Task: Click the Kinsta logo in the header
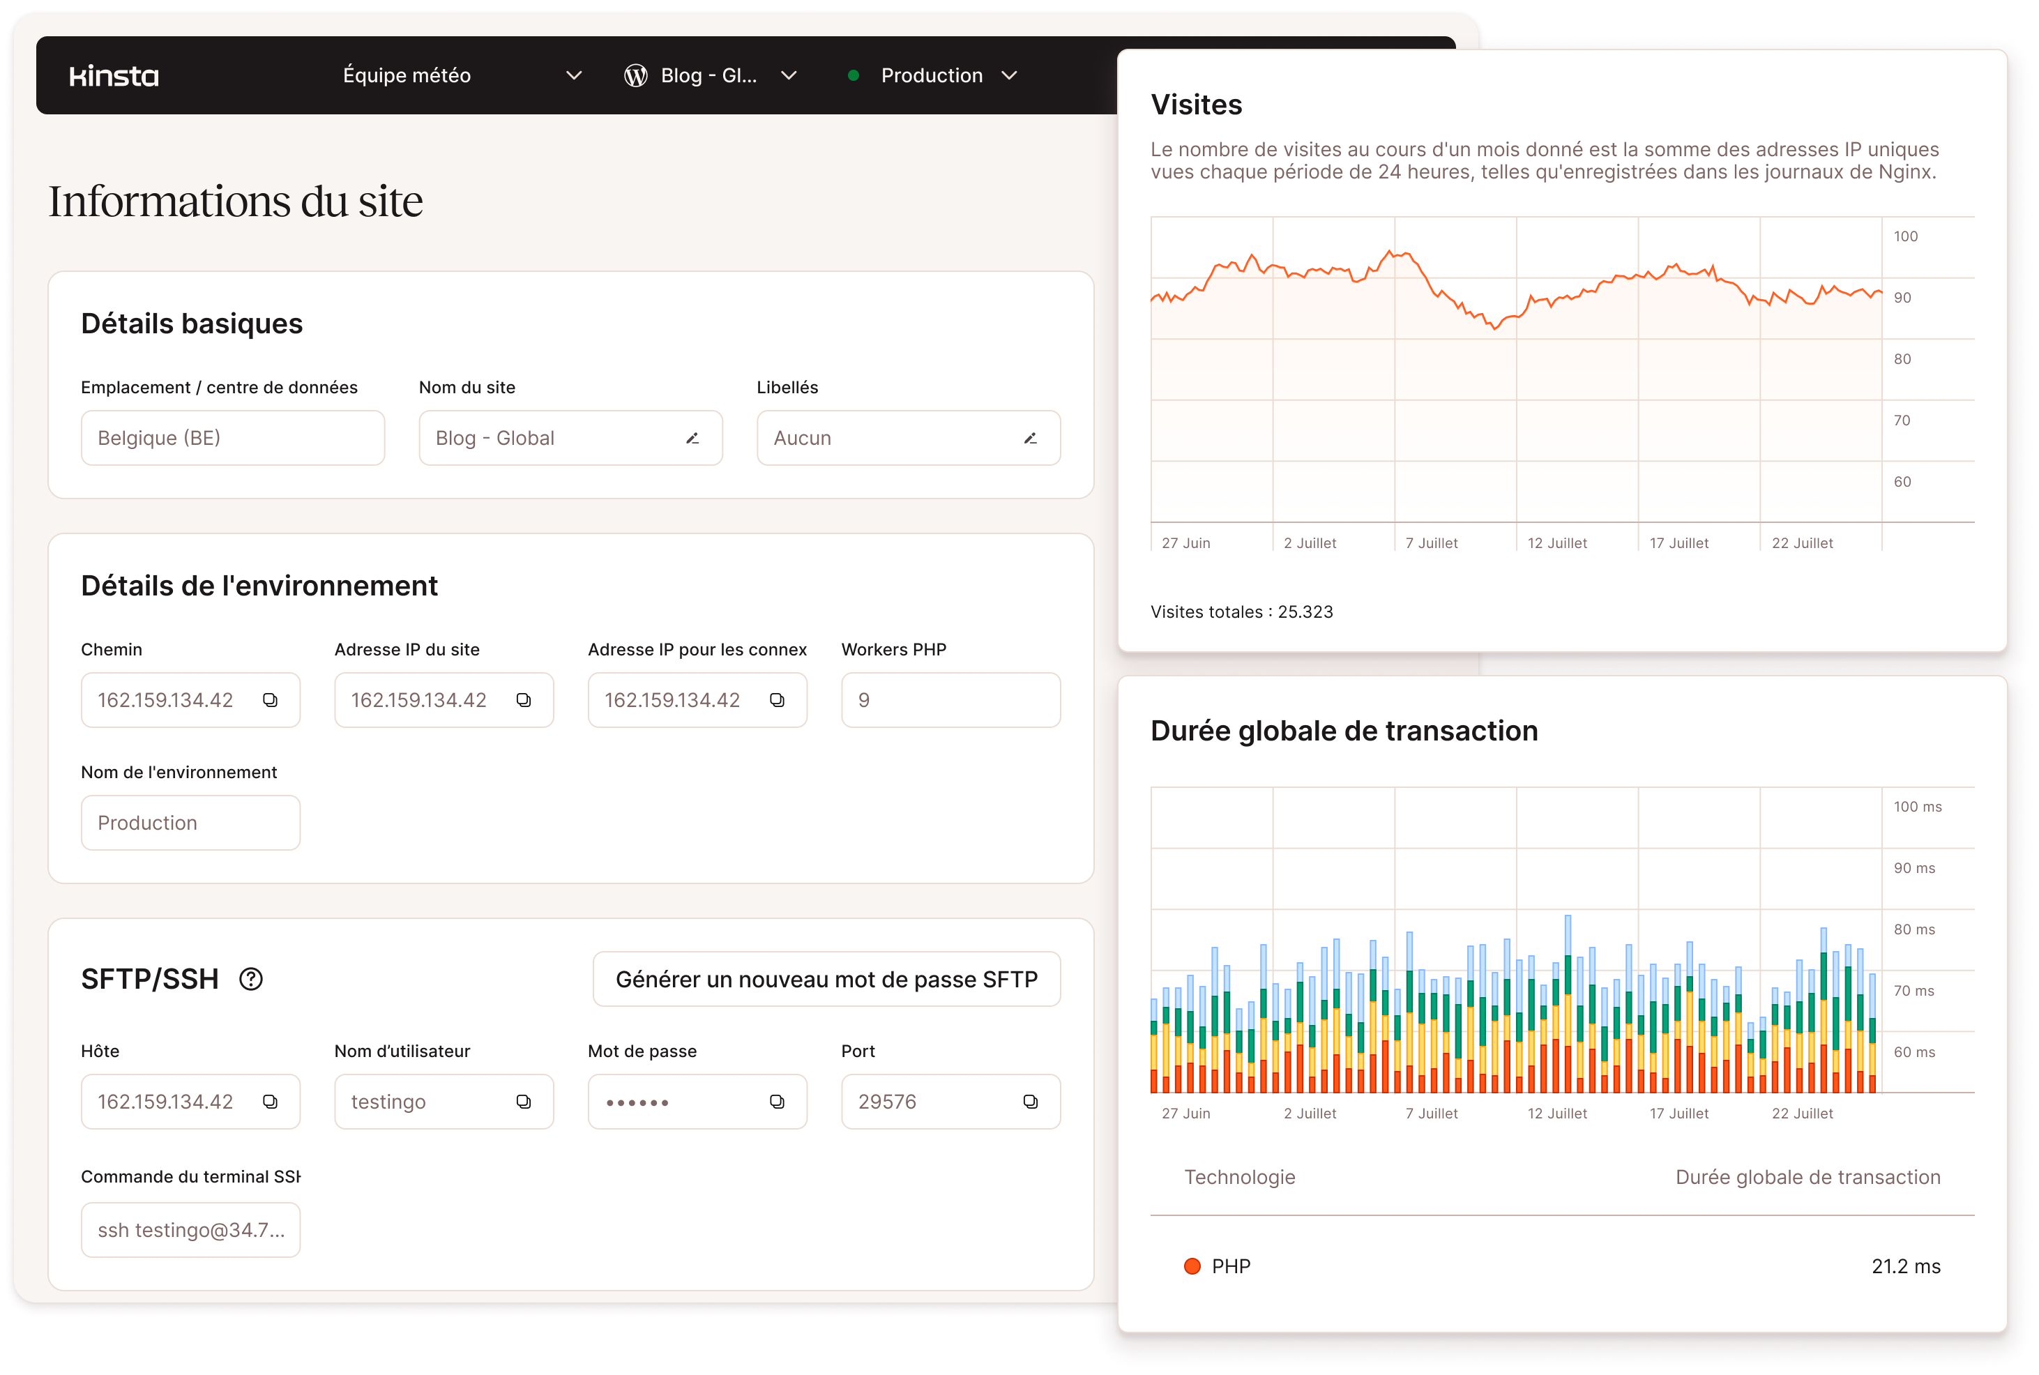(114, 76)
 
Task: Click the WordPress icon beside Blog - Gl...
(636, 76)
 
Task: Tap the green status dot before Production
(852, 75)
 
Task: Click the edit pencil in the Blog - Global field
(692, 439)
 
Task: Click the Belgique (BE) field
(232, 439)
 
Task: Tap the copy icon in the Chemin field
(270, 700)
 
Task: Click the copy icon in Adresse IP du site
(524, 700)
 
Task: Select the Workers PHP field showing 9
(950, 700)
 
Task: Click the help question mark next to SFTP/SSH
(251, 979)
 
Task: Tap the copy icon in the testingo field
(524, 1102)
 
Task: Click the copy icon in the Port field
(1031, 1102)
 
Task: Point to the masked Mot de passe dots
(637, 1102)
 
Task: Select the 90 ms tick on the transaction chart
(1913, 868)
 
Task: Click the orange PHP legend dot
(1192, 1266)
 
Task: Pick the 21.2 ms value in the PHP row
(1905, 1266)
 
